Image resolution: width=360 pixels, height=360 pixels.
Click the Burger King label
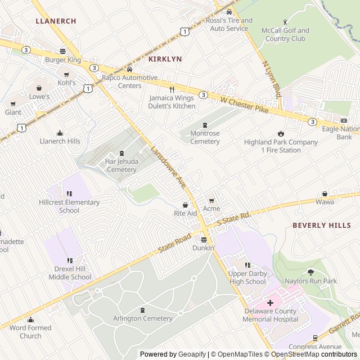[63, 60]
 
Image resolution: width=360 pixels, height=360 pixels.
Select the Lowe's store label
[39, 96]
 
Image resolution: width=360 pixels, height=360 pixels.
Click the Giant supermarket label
[13, 112]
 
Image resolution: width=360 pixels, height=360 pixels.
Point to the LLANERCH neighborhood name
[56, 21]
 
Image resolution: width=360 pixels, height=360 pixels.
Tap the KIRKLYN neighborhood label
[165, 58]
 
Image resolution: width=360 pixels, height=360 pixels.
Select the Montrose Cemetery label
[205, 137]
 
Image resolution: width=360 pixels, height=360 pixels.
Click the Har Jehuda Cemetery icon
[122, 154]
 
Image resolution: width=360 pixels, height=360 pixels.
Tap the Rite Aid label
[185, 213]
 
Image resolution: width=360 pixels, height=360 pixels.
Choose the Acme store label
[211, 208]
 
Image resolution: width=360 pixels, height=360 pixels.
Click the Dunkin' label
[204, 247]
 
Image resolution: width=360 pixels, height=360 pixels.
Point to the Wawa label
[325, 201]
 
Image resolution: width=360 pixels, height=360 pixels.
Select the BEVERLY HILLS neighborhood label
[321, 225]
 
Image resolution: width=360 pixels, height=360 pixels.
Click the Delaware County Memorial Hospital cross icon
[270, 303]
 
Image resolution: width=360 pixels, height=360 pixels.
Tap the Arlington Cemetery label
[142, 318]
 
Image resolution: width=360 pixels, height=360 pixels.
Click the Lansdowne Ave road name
[168, 167]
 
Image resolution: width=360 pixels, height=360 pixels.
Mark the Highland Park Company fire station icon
[281, 134]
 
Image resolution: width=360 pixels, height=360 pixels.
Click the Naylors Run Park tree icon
[310, 272]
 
